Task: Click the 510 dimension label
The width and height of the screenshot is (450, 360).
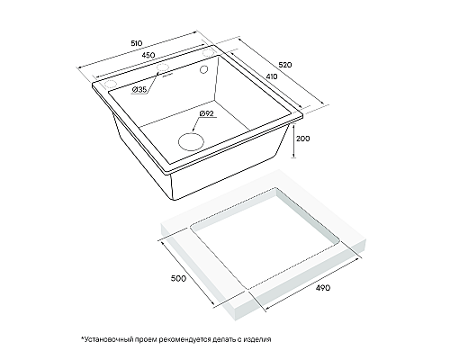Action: [137, 43]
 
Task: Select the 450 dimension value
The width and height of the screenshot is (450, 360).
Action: [148, 55]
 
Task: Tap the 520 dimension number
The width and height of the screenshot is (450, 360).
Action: [285, 65]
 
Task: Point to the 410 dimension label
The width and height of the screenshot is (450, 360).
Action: [272, 76]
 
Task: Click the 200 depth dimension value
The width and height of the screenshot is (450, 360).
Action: [303, 139]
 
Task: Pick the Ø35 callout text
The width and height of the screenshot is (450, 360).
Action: [139, 89]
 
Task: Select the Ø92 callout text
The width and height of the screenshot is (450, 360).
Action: [206, 113]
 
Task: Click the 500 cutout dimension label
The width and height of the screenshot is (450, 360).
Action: [178, 278]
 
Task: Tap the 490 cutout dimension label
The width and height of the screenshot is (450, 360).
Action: [323, 288]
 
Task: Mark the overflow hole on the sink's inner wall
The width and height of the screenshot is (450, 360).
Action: [203, 69]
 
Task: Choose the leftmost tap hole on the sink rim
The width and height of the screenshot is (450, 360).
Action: [110, 84]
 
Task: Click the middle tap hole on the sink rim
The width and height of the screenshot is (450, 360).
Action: [163, 67]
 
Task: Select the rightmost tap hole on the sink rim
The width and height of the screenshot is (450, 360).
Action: [208, 53]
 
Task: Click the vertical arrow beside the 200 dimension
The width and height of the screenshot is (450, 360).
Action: [294, 140]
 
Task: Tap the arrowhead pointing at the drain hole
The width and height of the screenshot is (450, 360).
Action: [193, 130]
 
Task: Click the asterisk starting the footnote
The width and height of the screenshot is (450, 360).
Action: [82, 337]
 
